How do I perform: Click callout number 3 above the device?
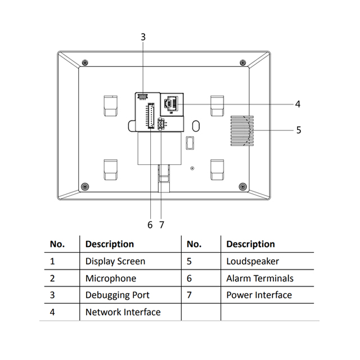coord(143,37)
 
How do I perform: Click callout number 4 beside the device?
coord(298,104)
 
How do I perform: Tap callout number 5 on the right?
coord(299,130)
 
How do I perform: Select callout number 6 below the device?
coord(150,224)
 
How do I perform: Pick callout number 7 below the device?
coord(161,224)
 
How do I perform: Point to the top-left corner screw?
coord(84,62)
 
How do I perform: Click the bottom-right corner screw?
coord(242,187)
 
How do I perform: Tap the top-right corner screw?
coord(242,62)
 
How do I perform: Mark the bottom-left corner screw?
coord(84,187)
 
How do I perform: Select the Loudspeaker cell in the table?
coord(253,262)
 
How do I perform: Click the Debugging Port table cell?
coord(118,295)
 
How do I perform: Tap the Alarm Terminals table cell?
coord(260,278)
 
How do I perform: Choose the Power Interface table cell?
coord(259,295)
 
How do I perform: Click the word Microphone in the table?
coord(111,278)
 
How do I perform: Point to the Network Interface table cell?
coord(123,312)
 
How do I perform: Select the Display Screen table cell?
coord(115,262)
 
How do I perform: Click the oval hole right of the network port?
coord(195,124)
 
